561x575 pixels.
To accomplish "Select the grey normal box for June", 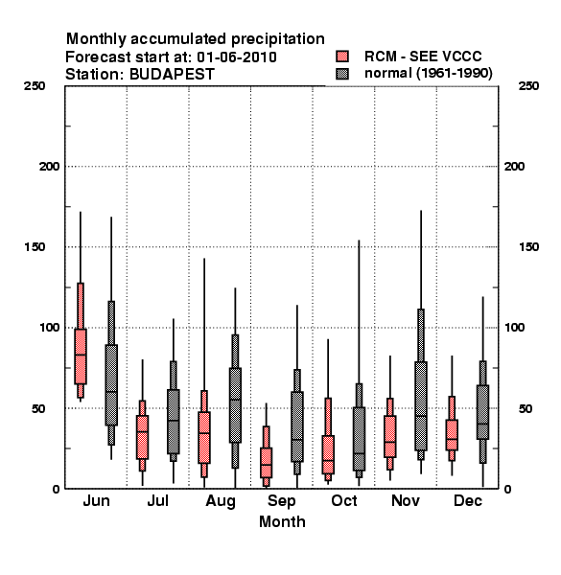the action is tap(111, 385).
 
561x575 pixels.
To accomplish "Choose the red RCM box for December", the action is tap(452, 435).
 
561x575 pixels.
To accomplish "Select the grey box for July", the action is tap(174, 422).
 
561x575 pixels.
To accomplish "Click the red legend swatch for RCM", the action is tap(342, 57).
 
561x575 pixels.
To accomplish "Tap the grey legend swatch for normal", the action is tap(342, 74).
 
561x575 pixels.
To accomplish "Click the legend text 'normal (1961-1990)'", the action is tap(429, 74).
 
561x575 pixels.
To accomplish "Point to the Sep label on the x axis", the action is tap(281, 501).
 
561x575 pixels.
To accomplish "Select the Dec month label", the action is tap(468, 500).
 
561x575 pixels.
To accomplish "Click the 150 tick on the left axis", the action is tap(35, 247).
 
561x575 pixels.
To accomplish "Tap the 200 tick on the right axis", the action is tap(514, 167).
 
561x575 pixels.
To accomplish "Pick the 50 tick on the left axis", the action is tap(38, 408).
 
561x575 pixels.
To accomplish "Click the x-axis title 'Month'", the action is tap(282, 522).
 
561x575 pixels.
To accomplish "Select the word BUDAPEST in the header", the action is tap(172, 75).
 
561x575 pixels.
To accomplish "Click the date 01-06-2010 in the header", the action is tap(237, 57).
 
